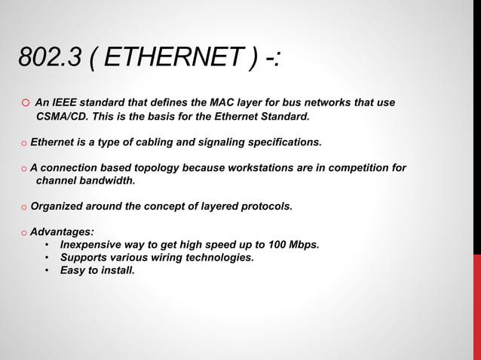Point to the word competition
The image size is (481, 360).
(x=362, y=167)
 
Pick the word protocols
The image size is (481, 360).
(x=265, y=206)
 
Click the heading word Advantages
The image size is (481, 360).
(x=62, y=232)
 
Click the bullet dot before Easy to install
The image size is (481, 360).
(x=47, y=270)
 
